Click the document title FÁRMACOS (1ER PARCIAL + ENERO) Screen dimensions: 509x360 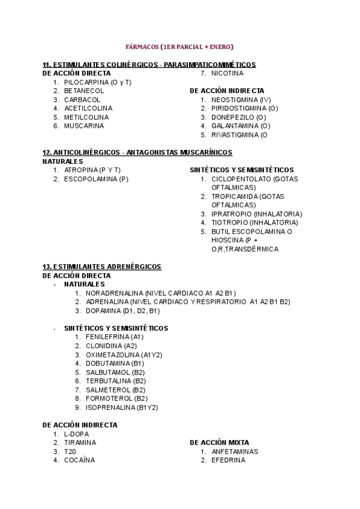pyautogui.click(x=179, y=46)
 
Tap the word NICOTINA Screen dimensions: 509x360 pyautogui.click(x=227, y=73)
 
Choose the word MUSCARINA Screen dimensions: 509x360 pyautogui.click(x=84, y=126)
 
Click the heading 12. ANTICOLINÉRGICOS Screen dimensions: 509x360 pyautogui.click(x=137, y=152)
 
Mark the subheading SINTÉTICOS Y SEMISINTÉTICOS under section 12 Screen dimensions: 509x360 pyautogui.click(x=242, y=170)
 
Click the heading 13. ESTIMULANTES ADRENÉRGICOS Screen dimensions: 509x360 pyautogui.click(x=101, y=267)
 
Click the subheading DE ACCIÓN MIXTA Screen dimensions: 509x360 pyautogui.click(x=219, y=442)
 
